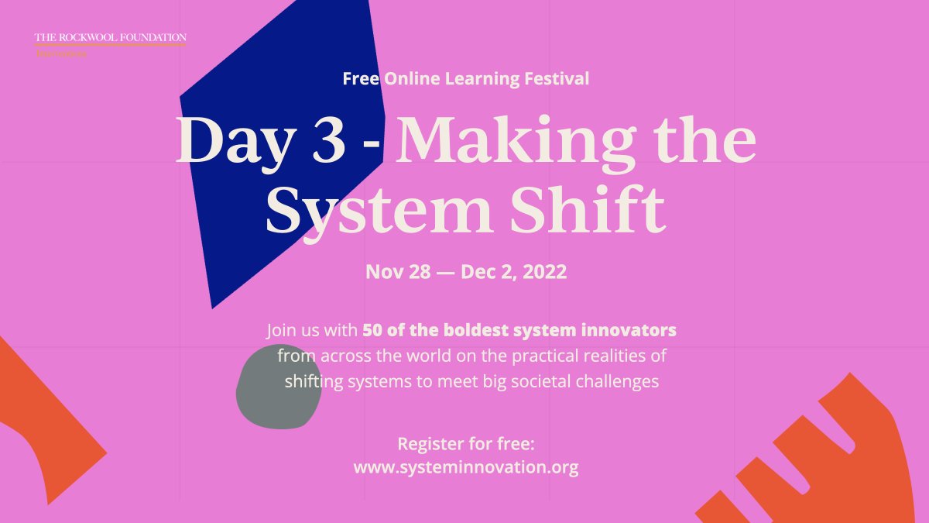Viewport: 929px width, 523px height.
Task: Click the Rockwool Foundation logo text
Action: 110,37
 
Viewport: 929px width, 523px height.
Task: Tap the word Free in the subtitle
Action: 360,78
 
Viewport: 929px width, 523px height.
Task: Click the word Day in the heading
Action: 231,143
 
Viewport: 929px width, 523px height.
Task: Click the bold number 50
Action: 372,330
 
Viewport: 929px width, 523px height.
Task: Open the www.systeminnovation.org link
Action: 466,468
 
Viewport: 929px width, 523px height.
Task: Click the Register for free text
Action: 466,445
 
